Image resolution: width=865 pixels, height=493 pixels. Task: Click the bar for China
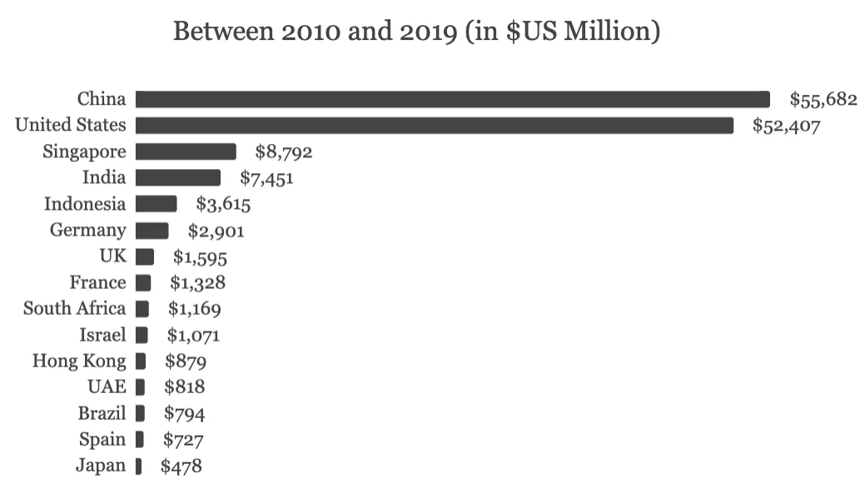452,100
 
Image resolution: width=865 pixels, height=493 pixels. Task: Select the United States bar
434,126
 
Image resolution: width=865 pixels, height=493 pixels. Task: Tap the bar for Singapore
186,152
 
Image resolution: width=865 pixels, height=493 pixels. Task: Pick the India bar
178,177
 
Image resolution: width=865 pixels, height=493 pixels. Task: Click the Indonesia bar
156,204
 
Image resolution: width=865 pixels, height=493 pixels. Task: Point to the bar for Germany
152,230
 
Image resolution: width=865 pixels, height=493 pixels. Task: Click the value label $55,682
823,100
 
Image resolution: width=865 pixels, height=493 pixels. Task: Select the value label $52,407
786,126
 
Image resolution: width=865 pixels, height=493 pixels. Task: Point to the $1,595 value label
200,256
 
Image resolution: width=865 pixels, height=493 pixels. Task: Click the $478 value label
181,466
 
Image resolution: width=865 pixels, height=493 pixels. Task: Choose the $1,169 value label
194,309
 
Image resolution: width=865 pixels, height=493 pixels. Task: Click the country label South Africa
74,308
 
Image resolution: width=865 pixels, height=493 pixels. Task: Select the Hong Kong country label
79,361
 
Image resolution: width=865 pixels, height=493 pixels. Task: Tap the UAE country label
106,386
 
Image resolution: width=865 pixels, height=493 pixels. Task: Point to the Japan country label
101,466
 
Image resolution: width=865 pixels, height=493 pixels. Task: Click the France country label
97,282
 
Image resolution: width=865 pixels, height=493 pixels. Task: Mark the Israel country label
103,335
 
